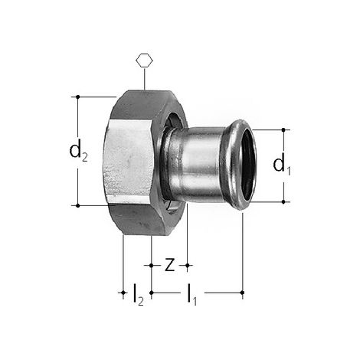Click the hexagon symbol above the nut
click(144, 61)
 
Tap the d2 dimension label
click(78, 151)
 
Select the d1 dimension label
click(282, 165)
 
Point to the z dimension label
click(170, 265)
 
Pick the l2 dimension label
click(138, 294)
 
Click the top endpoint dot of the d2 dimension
click(78, 97)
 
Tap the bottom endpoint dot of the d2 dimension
click(78, 205)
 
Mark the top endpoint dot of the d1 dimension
click(283, 129)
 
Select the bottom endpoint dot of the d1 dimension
click(283, 201)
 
